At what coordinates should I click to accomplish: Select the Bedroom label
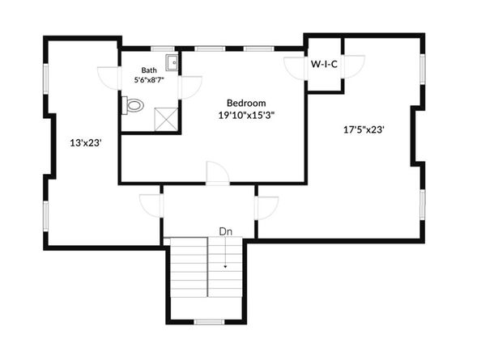click(246, 103)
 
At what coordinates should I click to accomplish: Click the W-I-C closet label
click(324, 64)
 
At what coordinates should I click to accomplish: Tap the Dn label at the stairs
click(226, 232)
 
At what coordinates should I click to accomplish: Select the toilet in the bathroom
click(133, 104)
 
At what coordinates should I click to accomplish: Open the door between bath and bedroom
click(191, 87)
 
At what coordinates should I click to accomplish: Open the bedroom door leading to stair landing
click(217, 173)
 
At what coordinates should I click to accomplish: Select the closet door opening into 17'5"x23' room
click(354, 67)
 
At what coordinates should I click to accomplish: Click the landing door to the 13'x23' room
click(151, 205)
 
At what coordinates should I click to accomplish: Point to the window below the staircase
click(209, 322)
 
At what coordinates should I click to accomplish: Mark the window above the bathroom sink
click(164, 49)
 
